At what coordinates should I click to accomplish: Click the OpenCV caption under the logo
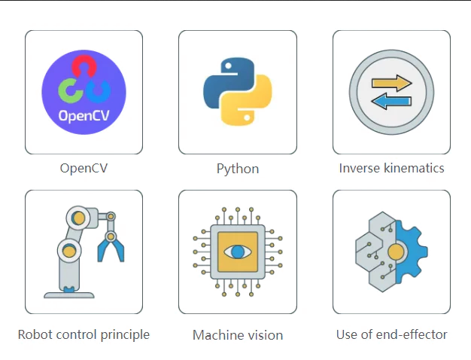(84, 168)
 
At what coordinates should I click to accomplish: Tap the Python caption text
(238, 169)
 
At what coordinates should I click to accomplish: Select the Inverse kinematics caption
(391, 168)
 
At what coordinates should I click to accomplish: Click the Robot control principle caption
(84, 334)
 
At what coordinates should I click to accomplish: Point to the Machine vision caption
(238, 335)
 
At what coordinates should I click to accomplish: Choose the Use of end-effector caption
(391, 334)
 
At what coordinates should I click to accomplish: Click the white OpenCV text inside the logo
(84, 117)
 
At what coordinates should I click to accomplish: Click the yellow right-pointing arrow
(392, 84)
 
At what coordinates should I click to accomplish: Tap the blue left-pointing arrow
(392, 101)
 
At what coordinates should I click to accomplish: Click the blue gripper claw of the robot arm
(111, 247)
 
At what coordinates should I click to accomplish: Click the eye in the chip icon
(238, 252)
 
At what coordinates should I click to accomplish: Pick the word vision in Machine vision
(264, 335)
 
